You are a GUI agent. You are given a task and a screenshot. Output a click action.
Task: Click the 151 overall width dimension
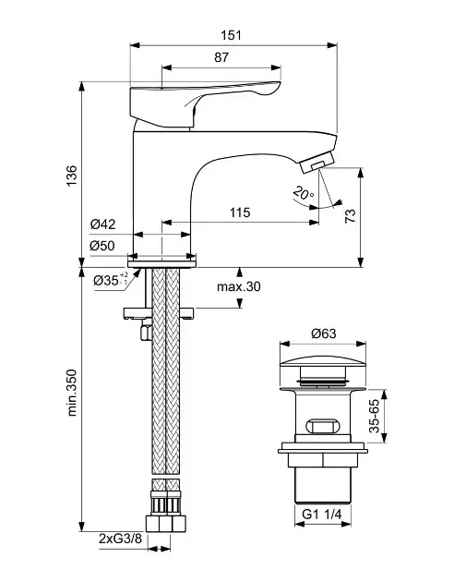232,35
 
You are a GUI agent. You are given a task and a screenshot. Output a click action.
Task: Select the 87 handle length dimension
221,57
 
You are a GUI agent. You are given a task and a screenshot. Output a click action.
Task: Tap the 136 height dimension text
71,176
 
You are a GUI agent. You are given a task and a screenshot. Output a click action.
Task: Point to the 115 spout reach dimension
240,212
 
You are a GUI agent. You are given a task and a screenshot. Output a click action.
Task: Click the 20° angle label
304,193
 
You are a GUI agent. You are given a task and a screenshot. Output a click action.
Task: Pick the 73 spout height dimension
351,215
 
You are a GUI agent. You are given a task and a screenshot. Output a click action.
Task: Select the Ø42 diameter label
103,224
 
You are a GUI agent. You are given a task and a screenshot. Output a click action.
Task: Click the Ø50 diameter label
102,246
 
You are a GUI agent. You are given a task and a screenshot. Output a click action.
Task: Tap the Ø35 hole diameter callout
111,280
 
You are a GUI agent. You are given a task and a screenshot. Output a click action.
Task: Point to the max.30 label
239,286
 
